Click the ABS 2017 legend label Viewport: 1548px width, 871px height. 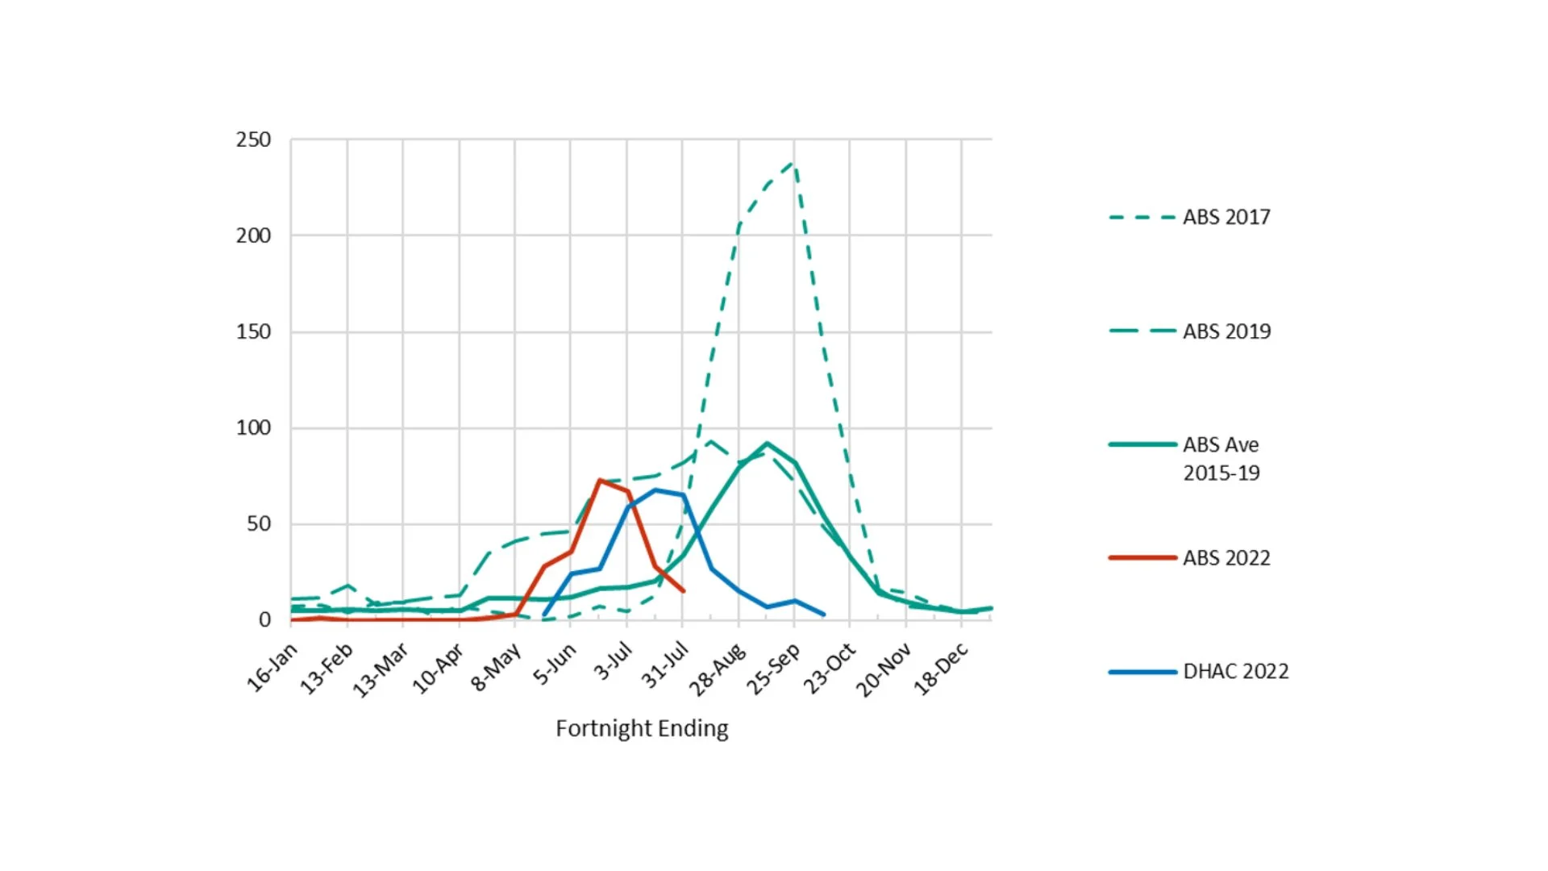[1225, 217]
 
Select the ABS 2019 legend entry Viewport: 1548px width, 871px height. [1225, 331]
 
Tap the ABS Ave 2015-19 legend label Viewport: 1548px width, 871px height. [1221, 458]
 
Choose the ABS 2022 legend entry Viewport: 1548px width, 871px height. [1225, 558]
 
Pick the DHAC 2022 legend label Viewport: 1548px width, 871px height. [1235, 671]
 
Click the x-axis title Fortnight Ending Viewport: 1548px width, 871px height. [642, 728]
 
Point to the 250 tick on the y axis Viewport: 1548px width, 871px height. [253, 140]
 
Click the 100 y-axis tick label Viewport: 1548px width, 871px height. [253, 427]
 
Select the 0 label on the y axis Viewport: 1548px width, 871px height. [264, 619]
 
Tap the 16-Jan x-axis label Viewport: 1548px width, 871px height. [273, 668]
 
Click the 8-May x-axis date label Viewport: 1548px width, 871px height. [496, 668]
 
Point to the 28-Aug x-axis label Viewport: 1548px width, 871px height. [718, 669]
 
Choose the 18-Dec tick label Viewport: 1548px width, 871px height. [940, 669]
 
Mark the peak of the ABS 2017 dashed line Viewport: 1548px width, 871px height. [793, 164]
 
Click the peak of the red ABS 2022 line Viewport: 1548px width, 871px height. [600, 481]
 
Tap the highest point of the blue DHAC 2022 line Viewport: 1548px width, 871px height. [656, 490]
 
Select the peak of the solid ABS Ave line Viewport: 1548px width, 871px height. [767, 443]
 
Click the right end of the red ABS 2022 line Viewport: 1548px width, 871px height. [684, 591]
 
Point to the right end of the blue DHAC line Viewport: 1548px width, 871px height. [823, 615]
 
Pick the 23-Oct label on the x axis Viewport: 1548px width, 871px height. [829, 669]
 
